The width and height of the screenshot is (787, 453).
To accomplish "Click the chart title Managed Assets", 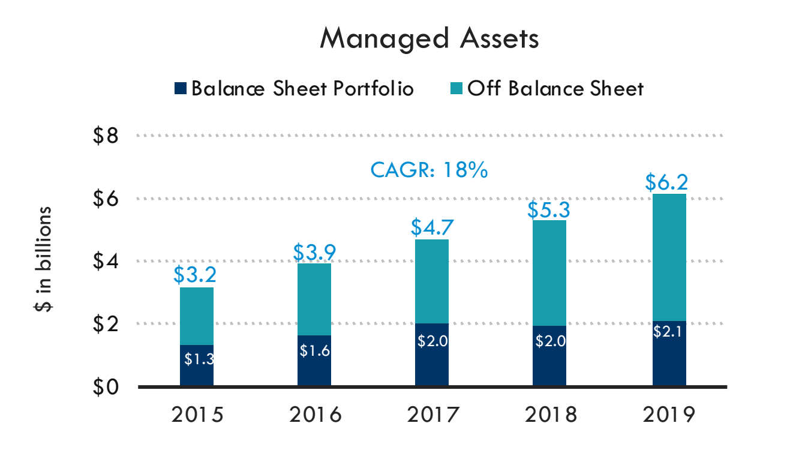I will click(429, 38).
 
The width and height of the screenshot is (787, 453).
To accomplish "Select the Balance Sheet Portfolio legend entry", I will click(294, 89).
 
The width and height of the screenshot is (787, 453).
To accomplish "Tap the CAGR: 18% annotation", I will click(429, 170).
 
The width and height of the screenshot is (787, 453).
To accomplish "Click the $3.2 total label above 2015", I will click(196, 275).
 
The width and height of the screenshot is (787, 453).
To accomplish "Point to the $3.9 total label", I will click(314, 251).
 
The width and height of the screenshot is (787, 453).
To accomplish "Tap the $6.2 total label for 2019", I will click(669, 181).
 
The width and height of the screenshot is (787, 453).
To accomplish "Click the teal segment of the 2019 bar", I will click(669, 258).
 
